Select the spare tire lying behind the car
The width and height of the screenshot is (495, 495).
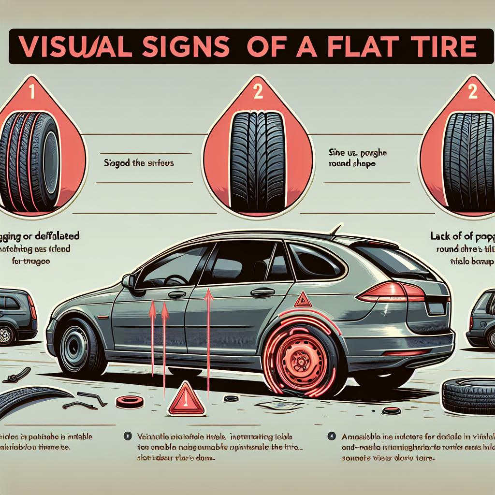[x=466, y=395]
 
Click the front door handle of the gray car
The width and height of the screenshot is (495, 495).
[x=177, y=294]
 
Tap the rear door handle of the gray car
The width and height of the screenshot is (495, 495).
[x=263, y=292]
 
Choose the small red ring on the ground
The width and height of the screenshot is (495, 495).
[x=131, y=401]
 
